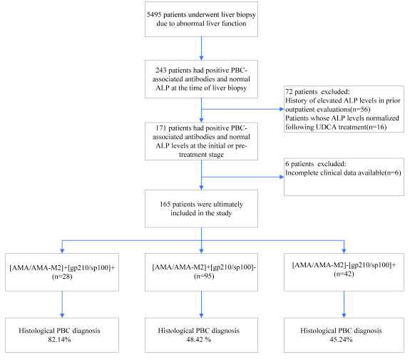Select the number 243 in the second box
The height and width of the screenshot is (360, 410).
point(161,71)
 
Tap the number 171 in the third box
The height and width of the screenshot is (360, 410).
point(161,128)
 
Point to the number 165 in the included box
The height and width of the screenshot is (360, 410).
point(165,204)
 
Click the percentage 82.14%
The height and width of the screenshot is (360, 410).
point(59,339)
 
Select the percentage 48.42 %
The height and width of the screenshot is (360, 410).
point(199,339)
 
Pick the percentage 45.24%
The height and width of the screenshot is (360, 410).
point(341,339)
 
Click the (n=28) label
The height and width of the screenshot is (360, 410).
point(62,277)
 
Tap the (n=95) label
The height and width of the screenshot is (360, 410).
point(204,276)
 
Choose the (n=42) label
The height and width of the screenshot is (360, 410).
point(344,274)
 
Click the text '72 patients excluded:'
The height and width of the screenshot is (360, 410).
point(317,92)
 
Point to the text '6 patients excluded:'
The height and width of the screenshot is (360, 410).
point(316,164)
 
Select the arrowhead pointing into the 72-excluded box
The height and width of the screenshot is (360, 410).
point(282,109)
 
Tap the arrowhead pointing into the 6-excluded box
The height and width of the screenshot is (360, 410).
point(282,177)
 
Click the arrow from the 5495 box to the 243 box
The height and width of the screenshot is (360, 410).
point(201,48)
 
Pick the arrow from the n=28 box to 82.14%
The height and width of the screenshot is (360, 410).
point(62,304)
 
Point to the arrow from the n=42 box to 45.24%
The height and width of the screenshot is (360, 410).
point(344,304)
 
